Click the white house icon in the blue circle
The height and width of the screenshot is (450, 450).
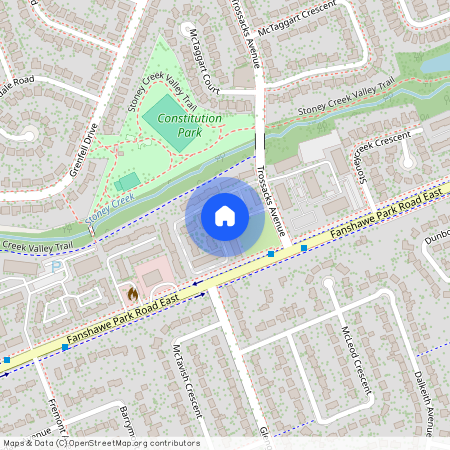click(x=225, y=216)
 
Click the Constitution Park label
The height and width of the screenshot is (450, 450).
click(x=183, y=124)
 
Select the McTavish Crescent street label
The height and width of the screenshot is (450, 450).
click(x=186, y=380)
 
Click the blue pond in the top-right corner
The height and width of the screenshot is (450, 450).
click(x=436, y=62)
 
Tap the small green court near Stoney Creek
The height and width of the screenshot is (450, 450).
click(x=127, y=182)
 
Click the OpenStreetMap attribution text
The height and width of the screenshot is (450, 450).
click(x=100, y=443)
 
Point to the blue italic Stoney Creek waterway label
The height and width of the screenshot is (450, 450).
click(x=108, y=208)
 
